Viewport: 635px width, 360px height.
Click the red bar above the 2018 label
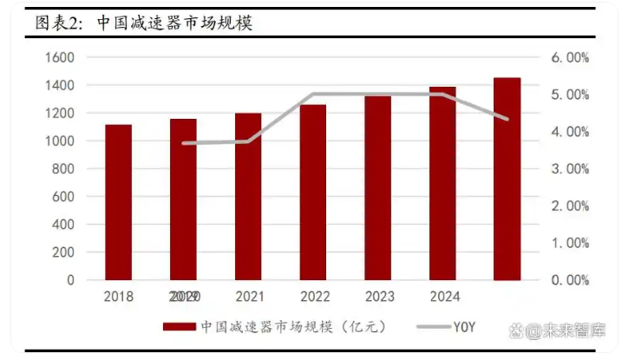coord(118,202)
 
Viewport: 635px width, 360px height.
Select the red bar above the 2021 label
coord(248,197)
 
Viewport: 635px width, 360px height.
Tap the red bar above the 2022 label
coord(313,193)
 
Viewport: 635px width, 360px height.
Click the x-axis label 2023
coord(379,297)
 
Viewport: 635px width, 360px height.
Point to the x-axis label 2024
coord(443,297)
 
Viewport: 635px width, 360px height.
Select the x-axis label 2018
coord(119,297)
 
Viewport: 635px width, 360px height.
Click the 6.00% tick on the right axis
coord(571,57)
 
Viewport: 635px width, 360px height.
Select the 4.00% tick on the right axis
coord(571,132)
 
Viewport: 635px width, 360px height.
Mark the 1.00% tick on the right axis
coord(571,243)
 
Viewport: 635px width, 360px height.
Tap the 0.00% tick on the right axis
coord(571,280)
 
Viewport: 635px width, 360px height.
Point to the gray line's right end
coord(507,119)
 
